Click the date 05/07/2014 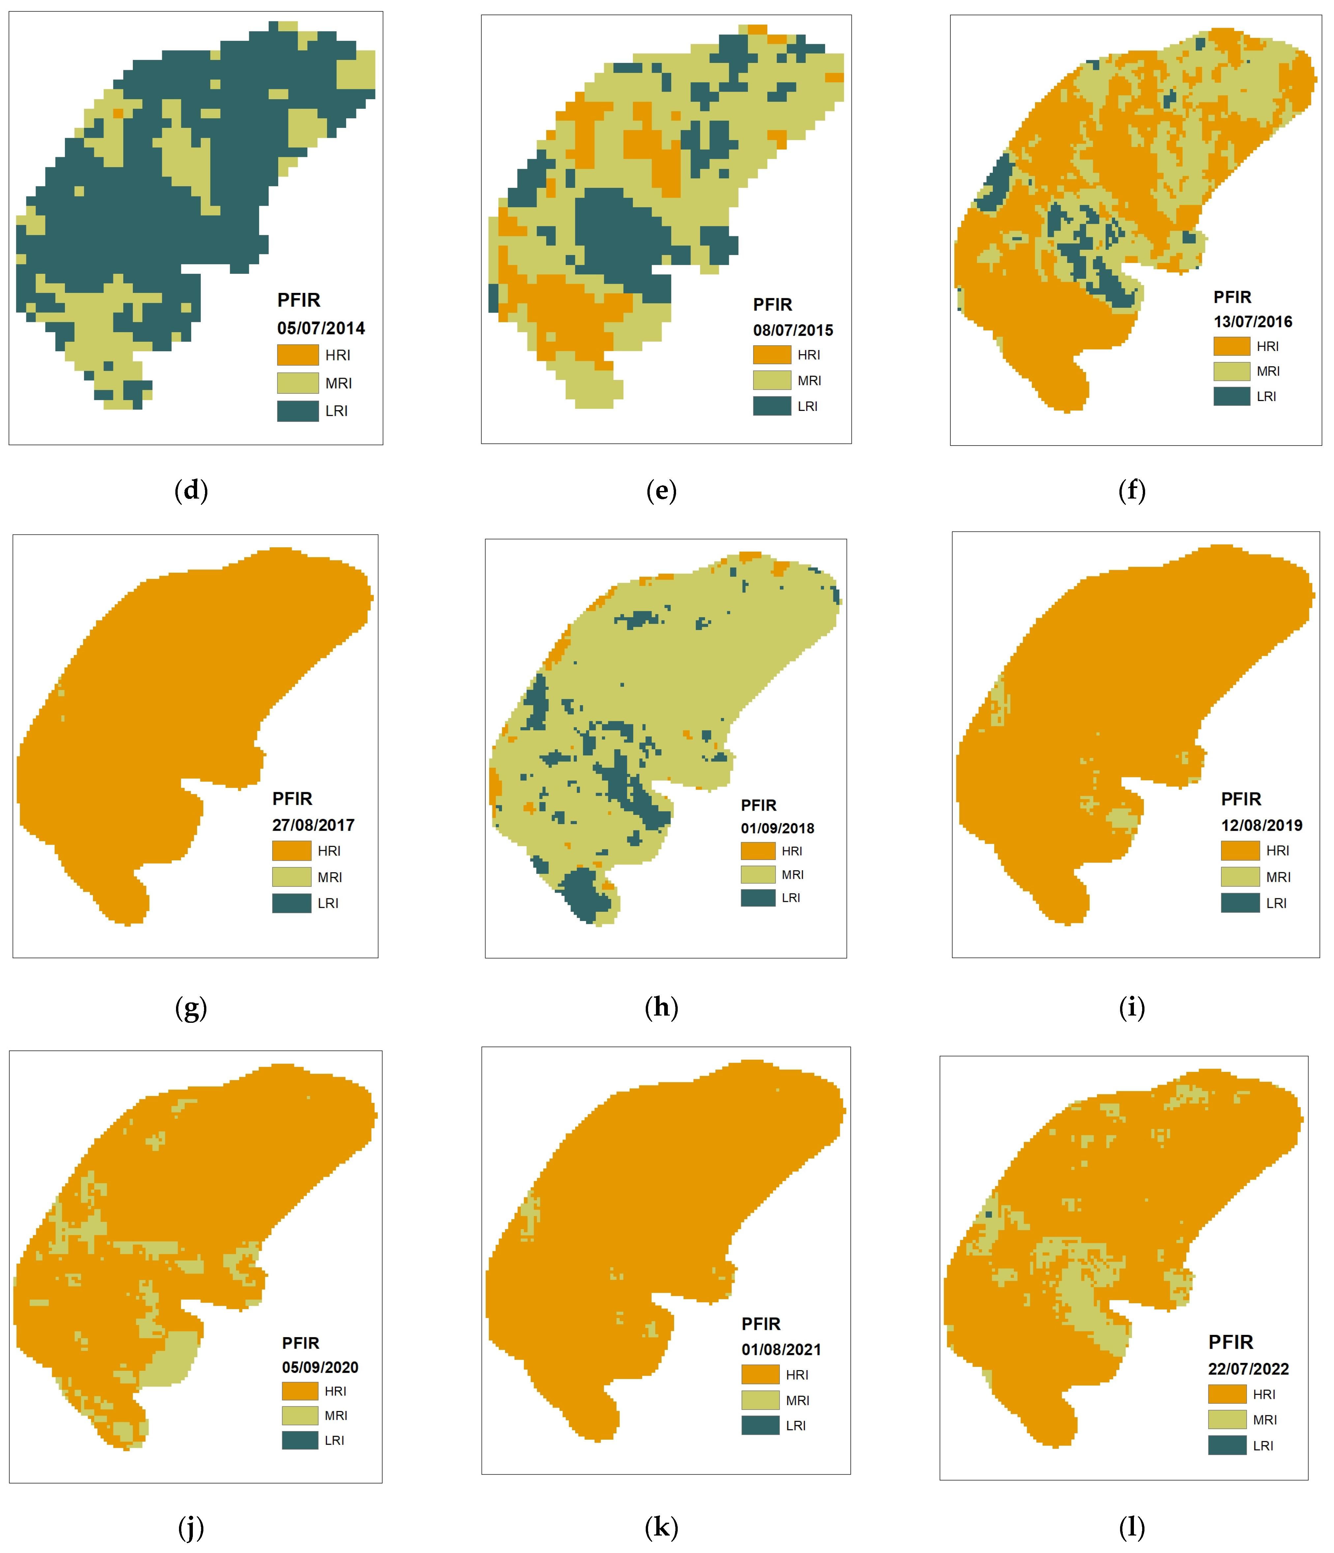click(321, 328)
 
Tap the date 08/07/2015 click(793, 331)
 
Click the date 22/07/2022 click(1248, 1368)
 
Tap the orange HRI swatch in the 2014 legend click(298, 355)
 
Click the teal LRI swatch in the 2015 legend click(772, 406)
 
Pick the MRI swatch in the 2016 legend click(1231, 371)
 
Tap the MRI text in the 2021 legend click(797, 1400)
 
